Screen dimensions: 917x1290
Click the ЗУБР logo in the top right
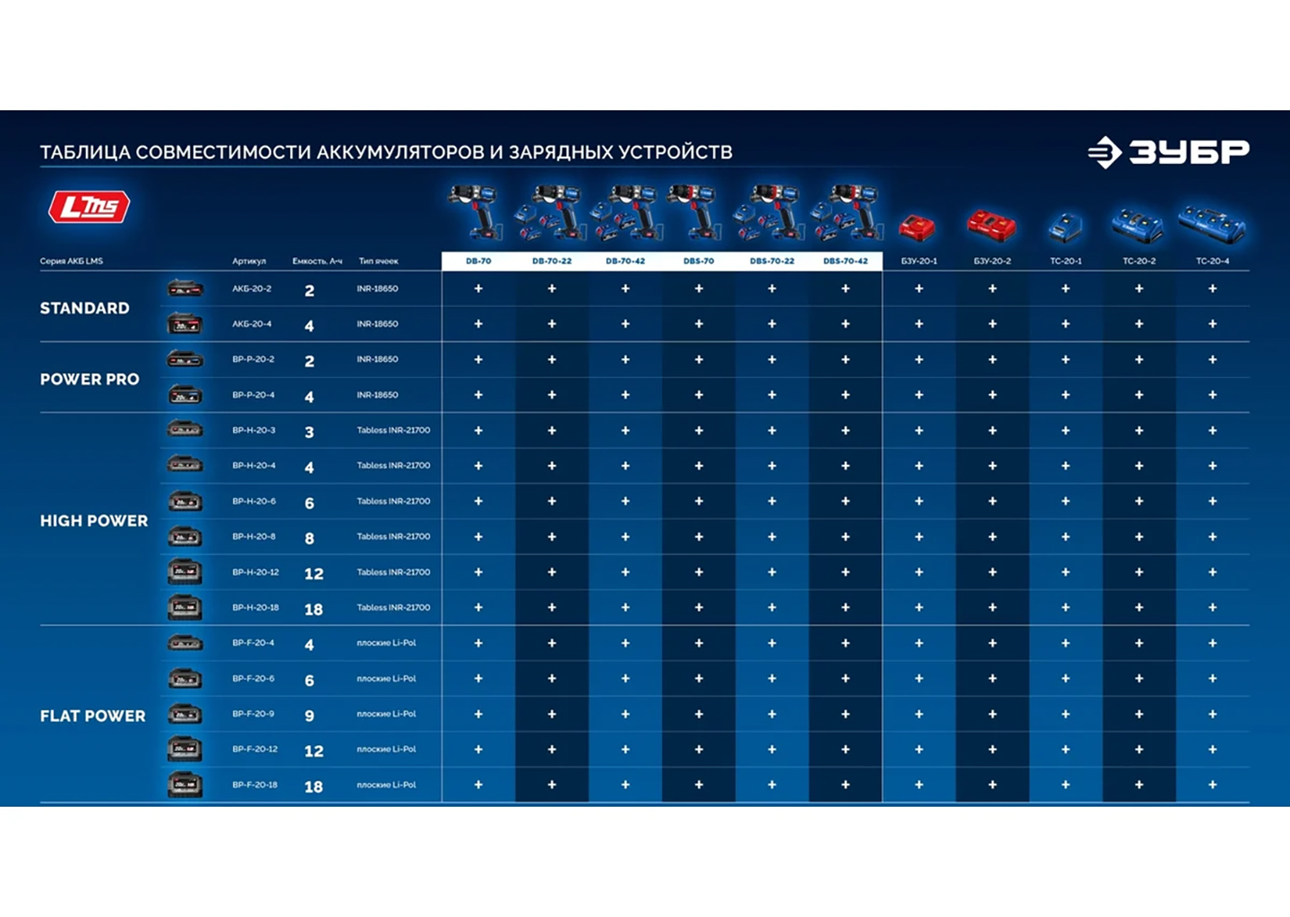[x=1168, y=152]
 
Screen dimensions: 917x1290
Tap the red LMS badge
[x=89, y=207]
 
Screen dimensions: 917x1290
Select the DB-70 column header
[x=478, y=261]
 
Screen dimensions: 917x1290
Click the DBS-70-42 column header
[x=845, y=261]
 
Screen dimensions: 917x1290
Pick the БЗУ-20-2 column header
[x=992, y=261]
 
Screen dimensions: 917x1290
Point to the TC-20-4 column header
[x=1212, y=261]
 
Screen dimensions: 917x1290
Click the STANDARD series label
[x=84, y=308]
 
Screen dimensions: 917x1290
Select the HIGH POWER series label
[x=94, y=520]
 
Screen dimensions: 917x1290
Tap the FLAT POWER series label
[x=92, y=716]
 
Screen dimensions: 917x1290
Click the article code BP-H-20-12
[x=255, y=572]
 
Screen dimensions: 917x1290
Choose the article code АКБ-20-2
[x=252, y=289]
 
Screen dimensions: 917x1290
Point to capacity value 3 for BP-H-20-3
[x=309, y=432]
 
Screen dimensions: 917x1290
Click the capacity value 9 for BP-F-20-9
[x=309, y=716]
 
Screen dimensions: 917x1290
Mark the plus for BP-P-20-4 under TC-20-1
[x=1065, y=395]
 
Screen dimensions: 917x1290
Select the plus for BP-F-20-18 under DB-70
[x=478, y=784]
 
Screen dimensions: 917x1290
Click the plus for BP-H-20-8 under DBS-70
[x=699, y=536]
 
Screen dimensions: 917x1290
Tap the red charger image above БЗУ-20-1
[x=917, y=227]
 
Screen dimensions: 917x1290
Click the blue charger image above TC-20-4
[x=1212, y=224]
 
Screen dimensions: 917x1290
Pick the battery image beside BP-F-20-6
[x=185, y=679]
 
